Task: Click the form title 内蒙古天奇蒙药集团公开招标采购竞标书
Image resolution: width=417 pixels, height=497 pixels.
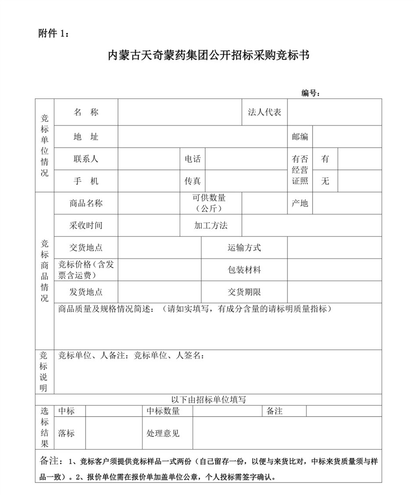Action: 209,56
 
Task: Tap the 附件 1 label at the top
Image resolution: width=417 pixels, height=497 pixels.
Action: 54,34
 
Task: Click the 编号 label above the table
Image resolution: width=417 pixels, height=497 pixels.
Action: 310,93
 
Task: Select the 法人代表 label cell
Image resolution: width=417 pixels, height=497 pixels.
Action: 265,112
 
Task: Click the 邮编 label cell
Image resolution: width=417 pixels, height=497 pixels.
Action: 300,137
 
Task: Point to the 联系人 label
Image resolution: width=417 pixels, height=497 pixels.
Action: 86,159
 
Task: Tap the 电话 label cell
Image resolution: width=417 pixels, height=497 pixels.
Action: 193,159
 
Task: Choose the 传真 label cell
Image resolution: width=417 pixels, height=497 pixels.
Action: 193,181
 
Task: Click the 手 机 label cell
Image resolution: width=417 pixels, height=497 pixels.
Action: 86,181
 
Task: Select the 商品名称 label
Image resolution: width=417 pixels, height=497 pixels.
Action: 86,203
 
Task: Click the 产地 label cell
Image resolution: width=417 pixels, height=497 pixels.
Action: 300,203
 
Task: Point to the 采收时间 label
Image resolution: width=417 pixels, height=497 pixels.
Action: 86,226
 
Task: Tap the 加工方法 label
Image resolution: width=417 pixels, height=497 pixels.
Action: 211,226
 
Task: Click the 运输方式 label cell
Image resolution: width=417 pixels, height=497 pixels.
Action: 244,248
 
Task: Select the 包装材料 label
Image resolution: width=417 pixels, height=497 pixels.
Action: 244,270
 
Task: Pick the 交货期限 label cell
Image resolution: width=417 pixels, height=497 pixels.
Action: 244,292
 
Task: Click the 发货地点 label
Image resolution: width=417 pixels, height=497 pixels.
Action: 86,292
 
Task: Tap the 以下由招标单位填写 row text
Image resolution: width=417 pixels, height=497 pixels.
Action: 208,400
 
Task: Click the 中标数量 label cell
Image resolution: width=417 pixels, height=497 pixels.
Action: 163,411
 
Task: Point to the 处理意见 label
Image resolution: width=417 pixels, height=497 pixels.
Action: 163,433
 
